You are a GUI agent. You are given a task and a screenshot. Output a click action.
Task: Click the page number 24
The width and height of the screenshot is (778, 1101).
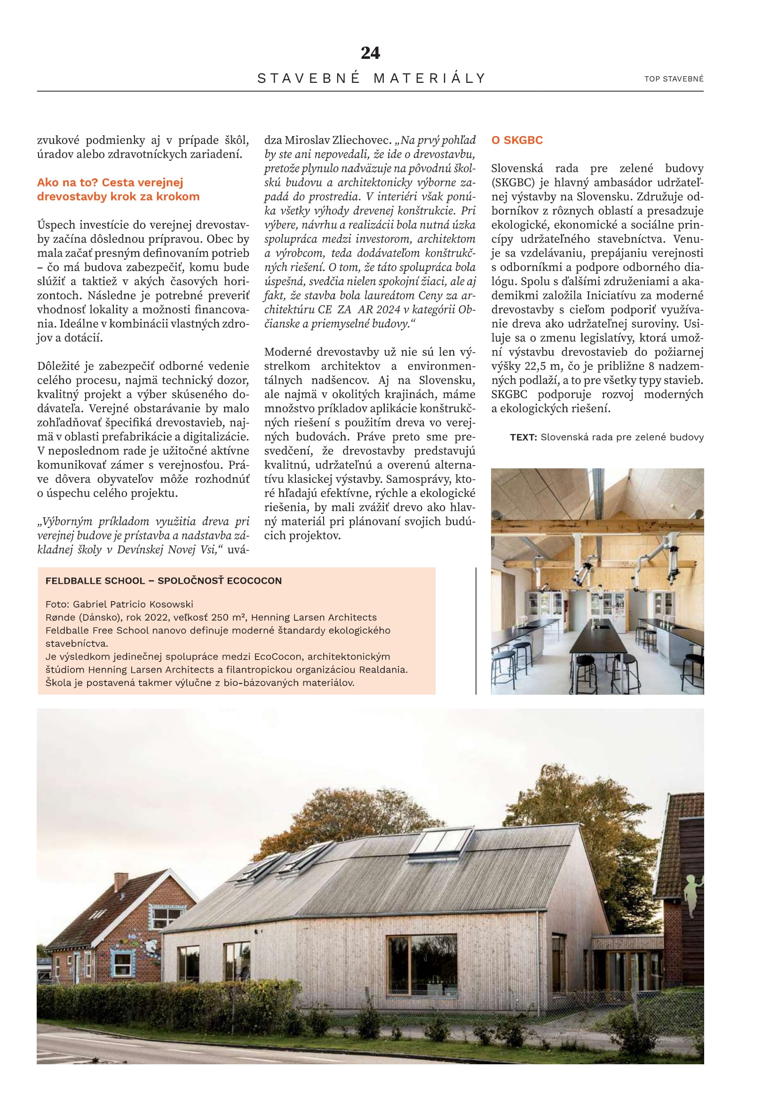click(x=370, y=53)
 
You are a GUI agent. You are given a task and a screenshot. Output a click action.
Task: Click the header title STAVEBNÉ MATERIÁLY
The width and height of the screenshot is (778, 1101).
click(x=371, y=78)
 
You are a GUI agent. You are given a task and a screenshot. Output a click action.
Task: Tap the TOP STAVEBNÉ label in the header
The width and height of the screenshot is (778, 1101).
click(x=674, y=79)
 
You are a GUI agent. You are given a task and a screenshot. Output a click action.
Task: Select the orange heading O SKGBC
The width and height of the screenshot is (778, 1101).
click(x=517, y=140)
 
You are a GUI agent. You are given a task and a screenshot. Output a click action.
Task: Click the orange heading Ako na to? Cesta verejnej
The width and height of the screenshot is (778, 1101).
click(x=110, y=182)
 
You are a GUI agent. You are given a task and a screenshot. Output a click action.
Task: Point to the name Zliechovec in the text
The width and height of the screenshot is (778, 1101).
click(x=365, y=140)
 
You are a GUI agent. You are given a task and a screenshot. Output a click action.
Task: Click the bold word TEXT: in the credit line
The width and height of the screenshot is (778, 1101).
click(x=524, y=437)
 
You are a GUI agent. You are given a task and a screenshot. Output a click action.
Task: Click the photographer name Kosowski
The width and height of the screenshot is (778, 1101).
click(x=171, y=604)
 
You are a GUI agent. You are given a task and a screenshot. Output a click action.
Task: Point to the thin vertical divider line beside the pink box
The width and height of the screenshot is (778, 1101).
click(x=476, y=631)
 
